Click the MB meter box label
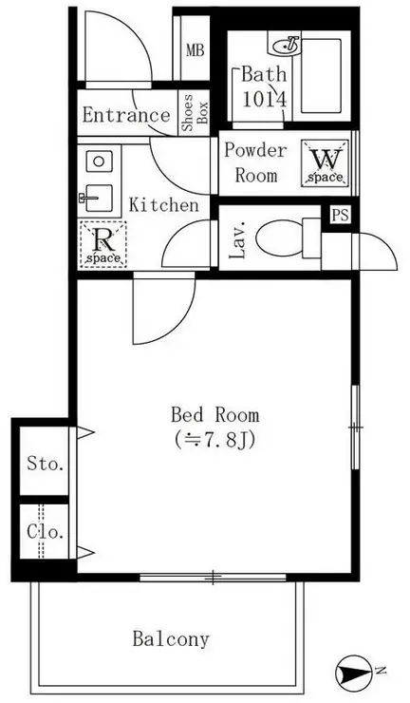(x=195, y=50)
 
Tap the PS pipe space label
(x=341, y=216)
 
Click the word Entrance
(x=126, y=115)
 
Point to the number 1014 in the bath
(x=265, y=100)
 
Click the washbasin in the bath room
(x=287, y=45)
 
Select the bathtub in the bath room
(x=322, y=76)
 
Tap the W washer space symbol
(x=326, y=162)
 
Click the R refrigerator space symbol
(x=103, y=244)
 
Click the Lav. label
(x=238, y=240)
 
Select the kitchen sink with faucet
(x=96, y=198)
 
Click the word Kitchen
(x=163, y=205)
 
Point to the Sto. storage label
(x=46, y=464)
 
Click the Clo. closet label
(x=46, y=532)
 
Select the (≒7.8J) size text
(x=215, y=440)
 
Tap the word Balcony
(x=171, y=639)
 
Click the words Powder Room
(x=255, y=162)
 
